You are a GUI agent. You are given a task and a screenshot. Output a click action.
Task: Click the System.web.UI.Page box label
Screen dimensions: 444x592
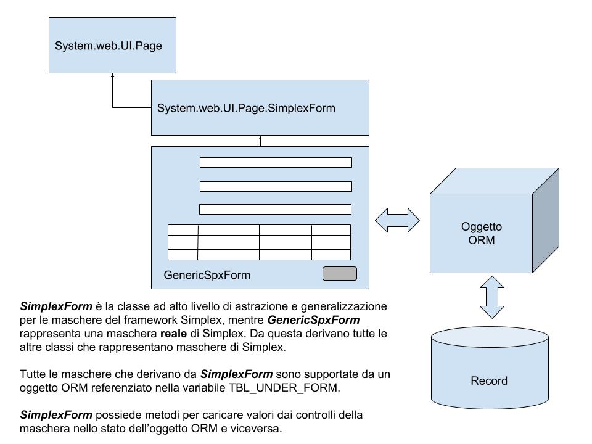[x=109, y=46]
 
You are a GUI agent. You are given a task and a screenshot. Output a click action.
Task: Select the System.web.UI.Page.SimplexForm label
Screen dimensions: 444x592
[x=246, y=108]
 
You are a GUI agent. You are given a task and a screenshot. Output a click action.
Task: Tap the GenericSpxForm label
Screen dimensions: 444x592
[x=207, y=275]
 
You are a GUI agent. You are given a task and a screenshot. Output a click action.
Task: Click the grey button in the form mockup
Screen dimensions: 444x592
[x=340, y=274]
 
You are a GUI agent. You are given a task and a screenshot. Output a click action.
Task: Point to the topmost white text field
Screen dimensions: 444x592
[x=276, y=163]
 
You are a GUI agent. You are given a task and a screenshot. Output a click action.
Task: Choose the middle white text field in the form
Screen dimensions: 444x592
[x=276, y=186]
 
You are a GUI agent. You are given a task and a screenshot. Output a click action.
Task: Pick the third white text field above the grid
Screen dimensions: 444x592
[x=275, y=209]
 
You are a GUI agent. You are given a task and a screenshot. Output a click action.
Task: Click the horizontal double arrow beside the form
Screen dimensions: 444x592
[x=397, y=220]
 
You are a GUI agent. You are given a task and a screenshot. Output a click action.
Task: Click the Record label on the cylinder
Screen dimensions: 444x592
[x=489, y=380]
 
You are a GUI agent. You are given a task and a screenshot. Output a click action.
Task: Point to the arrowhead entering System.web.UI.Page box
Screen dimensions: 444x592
[x=113, y=76]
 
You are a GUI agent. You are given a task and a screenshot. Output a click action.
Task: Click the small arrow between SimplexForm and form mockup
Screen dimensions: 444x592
[x=260, y=141]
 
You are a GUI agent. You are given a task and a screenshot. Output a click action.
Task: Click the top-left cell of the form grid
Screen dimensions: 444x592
[x=183, y=230]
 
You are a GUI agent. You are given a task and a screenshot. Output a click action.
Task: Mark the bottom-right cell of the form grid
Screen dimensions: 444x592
[x=331, y=254]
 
